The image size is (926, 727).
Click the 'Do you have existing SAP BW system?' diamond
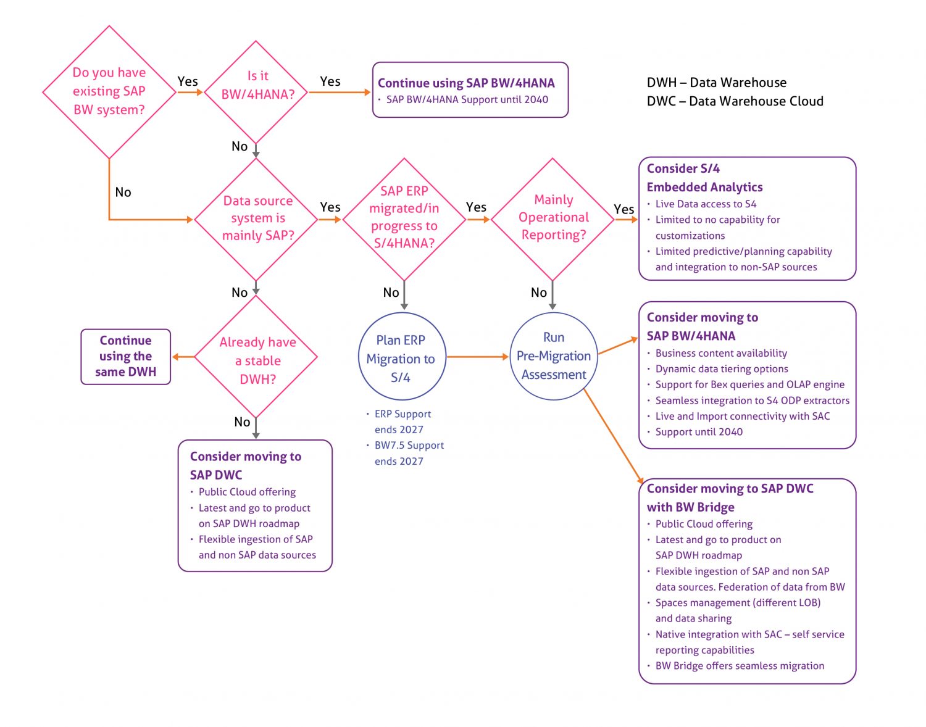pos(109,91)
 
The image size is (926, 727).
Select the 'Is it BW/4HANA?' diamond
pos(256,92)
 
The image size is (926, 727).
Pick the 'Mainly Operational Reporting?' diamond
pos(553,218)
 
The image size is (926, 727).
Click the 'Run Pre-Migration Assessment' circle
pos(553,357)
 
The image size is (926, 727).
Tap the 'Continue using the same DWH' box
pos(126,357)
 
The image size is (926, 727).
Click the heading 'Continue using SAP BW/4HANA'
pos(466,83)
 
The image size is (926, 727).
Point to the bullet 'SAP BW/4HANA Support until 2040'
pos(467,100)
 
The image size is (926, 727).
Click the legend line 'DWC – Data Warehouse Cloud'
pos(735,101)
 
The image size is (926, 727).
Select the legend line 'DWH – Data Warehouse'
pos(716,83)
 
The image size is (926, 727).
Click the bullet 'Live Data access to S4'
pos(706,204)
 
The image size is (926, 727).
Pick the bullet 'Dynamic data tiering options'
pos(721,369)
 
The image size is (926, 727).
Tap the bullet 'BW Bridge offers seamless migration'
pos(740,666)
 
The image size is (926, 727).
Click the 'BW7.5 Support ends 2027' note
pos(408,453)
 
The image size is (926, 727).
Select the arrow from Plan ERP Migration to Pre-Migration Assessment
pos(477,357)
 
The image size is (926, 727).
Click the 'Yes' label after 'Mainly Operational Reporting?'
pos(624,209)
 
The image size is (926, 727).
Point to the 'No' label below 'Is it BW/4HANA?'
pos(240,146)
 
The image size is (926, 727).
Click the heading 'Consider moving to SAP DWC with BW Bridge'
pos(730,497)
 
